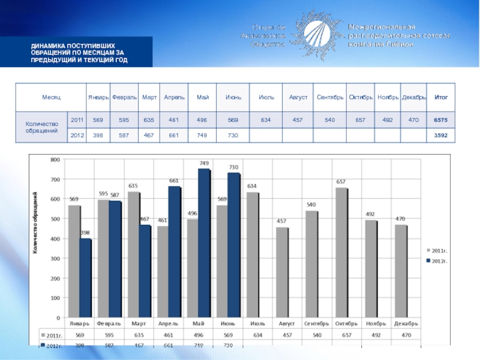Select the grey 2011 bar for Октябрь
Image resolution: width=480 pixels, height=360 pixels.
pyautogui.click(x=341, y=252)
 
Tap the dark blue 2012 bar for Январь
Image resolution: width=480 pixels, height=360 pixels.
pyautogui.click(x=85, y=278)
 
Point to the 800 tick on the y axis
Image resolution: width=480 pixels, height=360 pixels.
pyautogui.click(x=55, y=160)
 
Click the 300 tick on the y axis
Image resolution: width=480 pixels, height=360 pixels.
pyautogui.click(x=55, y=259)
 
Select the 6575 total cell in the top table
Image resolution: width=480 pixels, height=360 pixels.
pyautogui.click(x=442, y=120)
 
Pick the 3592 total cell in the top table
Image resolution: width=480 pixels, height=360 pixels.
pyautogui.click(x=442, y=136)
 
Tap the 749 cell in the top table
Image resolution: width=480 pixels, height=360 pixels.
pyautogui.click(x=202, y=136)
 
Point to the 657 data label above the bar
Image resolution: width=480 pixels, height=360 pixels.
pyautogui.click(x=340, y=182)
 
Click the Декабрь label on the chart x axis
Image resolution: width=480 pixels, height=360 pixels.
pyautogui.click(x=406, y=324)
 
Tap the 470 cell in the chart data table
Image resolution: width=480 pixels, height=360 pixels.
pyautogui.click(x=406, y=335)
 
